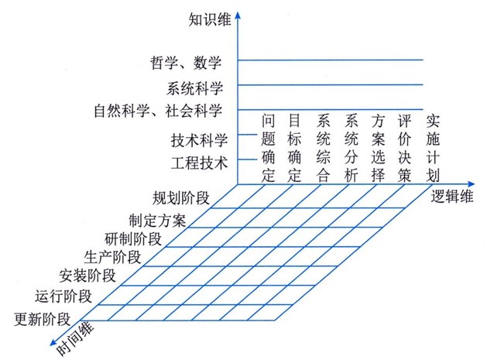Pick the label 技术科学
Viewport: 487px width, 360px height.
[199, 141]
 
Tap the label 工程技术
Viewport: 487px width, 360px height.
[199, 163]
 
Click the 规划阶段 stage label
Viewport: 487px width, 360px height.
[181, 197]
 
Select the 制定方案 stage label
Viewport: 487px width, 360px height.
[157, 219]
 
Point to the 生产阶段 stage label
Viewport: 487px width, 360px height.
[112, 256]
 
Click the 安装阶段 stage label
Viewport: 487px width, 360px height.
[88, 275]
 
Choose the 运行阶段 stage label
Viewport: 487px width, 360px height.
[63, 295]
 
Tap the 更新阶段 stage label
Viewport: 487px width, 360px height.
[43, 318]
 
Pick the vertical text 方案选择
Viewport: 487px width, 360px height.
[378, 147]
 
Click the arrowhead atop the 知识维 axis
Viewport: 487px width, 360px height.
[240, 12]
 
